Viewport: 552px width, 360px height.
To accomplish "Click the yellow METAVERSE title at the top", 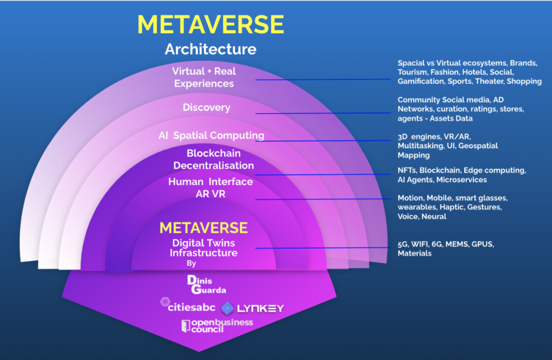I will point(211,25).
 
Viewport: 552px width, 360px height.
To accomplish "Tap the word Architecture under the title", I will point(211,49).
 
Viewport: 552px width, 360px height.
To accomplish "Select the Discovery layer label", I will point(206,107).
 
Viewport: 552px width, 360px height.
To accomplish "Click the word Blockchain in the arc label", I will point(214,153).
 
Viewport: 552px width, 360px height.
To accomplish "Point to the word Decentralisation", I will point(214,165).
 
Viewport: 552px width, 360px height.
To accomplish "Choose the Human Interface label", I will point(211,182).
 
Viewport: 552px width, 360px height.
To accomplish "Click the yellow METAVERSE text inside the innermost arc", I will point(203,228).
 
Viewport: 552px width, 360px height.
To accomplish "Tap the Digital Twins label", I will point(203,243).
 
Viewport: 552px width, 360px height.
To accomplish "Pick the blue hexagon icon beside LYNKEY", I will point(227,308).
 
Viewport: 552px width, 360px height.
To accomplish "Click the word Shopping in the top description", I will point(524,81).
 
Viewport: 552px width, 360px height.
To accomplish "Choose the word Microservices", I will point(462,179).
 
